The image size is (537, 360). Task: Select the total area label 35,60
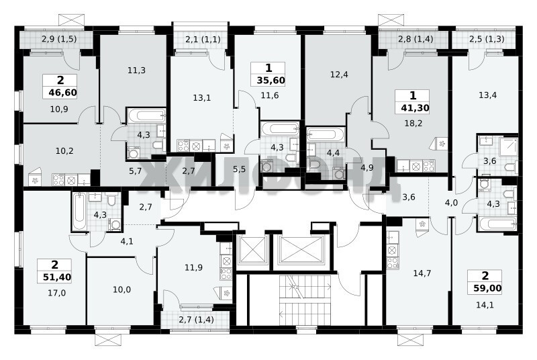271,80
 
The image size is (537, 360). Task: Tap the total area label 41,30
415,108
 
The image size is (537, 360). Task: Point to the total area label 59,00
487,289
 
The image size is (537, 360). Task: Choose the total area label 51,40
57,277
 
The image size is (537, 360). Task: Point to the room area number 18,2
413,124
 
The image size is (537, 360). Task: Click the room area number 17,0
57,293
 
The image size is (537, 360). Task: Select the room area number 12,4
339,75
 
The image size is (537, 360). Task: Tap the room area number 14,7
422,273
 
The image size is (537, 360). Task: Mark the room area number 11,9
193,267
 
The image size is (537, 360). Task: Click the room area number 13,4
487,95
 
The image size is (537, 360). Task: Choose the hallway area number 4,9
367,167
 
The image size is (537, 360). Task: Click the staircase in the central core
305,300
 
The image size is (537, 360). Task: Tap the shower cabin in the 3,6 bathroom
508,146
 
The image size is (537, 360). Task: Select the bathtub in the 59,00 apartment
497,224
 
